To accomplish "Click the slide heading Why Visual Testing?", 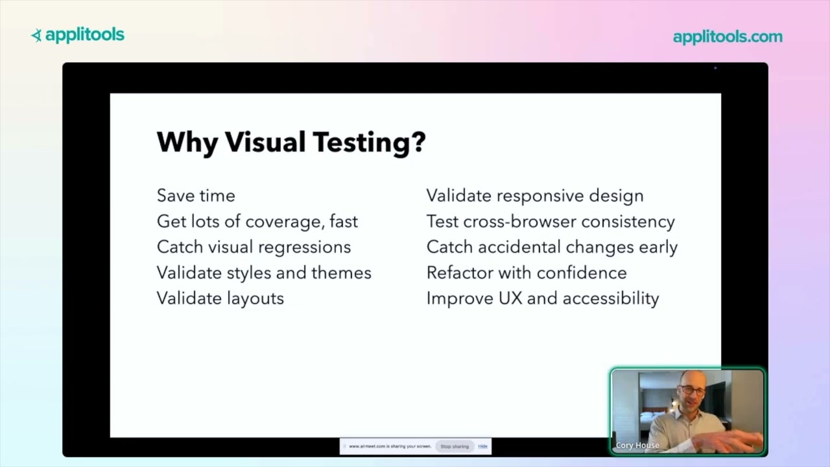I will pos(291,142).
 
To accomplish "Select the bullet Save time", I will pos(196,195).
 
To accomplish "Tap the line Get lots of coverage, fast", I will pos(257,221).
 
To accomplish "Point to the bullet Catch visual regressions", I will pos(254,247).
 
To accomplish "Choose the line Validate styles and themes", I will pos(264,272).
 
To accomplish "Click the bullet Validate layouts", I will pos(220,298).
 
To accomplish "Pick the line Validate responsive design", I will pos(535,195).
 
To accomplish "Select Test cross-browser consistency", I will pos(551,221).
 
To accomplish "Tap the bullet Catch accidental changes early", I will pos(552,247).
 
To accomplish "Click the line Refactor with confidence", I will pos(527,272).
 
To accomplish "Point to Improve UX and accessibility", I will pos(543,298).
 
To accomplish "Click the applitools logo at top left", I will pos(78,36).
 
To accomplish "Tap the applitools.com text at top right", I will pos(728,37).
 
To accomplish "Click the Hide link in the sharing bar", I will pos(482,446).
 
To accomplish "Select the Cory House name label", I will pos(637,446).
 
